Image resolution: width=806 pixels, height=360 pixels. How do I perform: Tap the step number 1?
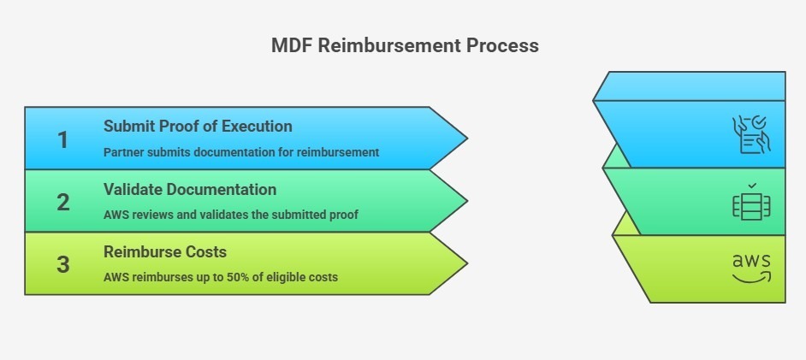pyautogui.click(x=62, y=139)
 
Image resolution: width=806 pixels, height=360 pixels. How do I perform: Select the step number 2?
pyautogui.click(x=62, y=202)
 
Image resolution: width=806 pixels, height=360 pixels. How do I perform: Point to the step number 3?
pyautogui.click(x=62, y=264)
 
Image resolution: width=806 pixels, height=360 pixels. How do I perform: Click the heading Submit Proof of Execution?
pyautogui.click(x=198, y=127)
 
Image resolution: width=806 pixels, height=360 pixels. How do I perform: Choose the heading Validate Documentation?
pyautogui.click(x=190, y=189)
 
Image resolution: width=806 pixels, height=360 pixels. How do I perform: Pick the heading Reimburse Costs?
pyautogui.click(x=165, y=251)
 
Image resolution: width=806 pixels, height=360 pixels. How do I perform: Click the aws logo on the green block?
pyautogui.click(x=751, y=267)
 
